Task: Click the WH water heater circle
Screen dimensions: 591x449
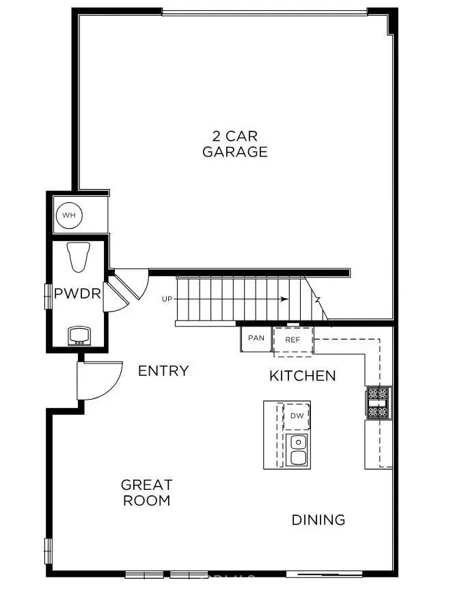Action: pyautogui.click(x=68, y=216)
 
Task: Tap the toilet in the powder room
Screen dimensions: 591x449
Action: pyautogui.click(x=80, y=257)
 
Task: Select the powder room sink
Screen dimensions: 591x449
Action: pyautogui.click(x=79, y=335)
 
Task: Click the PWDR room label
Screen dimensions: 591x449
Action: pyautogui.click(x=77, y=294)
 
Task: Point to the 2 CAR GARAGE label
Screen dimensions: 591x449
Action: pyautogui.click(x=234, y=144)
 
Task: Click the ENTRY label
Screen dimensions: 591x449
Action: pyautogui.click(x=163, y=371)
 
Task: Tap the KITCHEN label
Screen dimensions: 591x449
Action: pyautogui.click(x=302, y=376)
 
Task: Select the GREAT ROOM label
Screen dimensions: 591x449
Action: pyautogui.click(x=146, y=493)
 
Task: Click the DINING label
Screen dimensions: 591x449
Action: pyautogui.click(x=318, y=520)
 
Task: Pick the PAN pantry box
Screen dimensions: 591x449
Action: pyautogui.click(x=256, y=338)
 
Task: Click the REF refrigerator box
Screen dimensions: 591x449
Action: pyautogui.click(x=293, y=340)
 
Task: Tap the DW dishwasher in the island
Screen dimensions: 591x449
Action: pyautogui.click(x=297, y=416)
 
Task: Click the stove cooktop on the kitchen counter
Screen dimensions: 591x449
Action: pyautogui.click(x=378, y=402)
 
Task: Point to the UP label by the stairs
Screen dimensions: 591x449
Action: pyautogui.click(x=167, y=299)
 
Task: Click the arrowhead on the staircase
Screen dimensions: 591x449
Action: pyautogui.click(x=283, y=299)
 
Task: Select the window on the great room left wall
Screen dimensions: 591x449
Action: pyautogui.click(x=48, y=551)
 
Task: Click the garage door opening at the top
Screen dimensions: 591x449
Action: pyautogui.click(x=264, y=12)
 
